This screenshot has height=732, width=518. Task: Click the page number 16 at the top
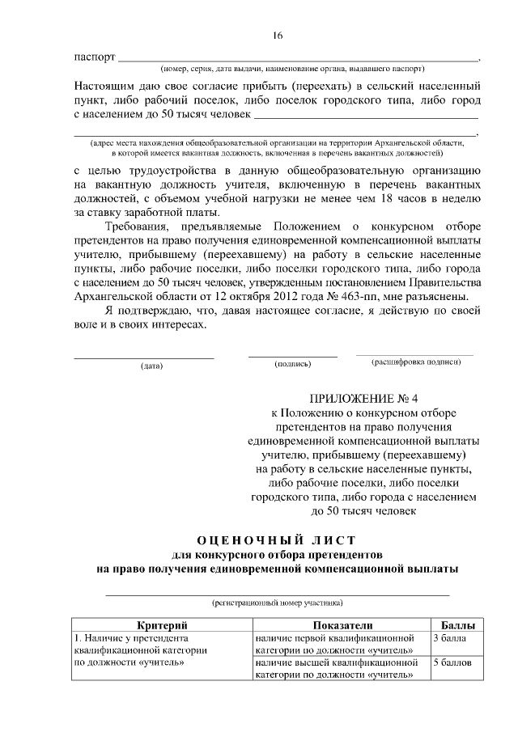point(278,36)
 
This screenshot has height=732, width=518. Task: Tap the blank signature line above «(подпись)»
point(292,355)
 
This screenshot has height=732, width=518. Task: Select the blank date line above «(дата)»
point(144,356)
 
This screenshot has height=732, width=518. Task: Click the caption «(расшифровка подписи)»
point(416,362)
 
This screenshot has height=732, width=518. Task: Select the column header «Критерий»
point(162,625)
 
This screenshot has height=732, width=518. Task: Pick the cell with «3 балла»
point(449,638)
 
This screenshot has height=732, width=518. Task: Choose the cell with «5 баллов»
point(452,662)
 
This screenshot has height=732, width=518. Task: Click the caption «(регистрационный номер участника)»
point(277,603)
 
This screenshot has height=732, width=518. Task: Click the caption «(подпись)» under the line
point(293,364)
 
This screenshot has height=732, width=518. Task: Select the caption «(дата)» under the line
point(151,366)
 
